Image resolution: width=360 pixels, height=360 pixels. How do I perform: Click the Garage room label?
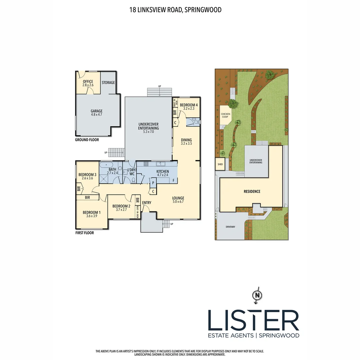click(97, 113)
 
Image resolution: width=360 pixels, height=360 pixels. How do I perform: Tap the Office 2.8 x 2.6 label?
click(88, 83)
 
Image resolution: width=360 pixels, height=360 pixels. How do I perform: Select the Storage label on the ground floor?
click(108, 82)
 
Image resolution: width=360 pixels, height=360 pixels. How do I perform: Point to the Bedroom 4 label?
click(189, 107)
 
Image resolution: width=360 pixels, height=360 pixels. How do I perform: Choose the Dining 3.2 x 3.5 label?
click(186, 142)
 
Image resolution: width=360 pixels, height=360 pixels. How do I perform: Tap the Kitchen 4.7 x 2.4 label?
click(163, 173)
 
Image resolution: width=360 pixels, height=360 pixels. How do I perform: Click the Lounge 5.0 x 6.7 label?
click(178, 200)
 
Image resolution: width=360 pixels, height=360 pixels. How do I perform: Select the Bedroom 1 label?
click(91, 214)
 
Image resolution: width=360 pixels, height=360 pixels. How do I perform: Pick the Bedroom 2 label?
click(121, 208)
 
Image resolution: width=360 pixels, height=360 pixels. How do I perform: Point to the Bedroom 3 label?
click(87, 176)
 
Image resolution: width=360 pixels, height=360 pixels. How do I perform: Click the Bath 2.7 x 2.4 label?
click(112, 171)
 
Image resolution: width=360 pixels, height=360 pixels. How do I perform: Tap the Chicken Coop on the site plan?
click(226, 115)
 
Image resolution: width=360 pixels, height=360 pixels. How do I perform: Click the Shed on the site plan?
click(220, 164)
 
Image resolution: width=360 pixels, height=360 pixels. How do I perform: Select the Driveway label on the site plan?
click(230, 227)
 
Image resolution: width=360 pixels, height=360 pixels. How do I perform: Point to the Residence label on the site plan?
click(252, 191)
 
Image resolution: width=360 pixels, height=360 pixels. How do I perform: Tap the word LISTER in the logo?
click(253, 320)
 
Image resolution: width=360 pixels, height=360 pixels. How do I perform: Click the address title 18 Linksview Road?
click(175, 10)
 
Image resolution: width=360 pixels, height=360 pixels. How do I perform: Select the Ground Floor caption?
click(87, 140)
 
